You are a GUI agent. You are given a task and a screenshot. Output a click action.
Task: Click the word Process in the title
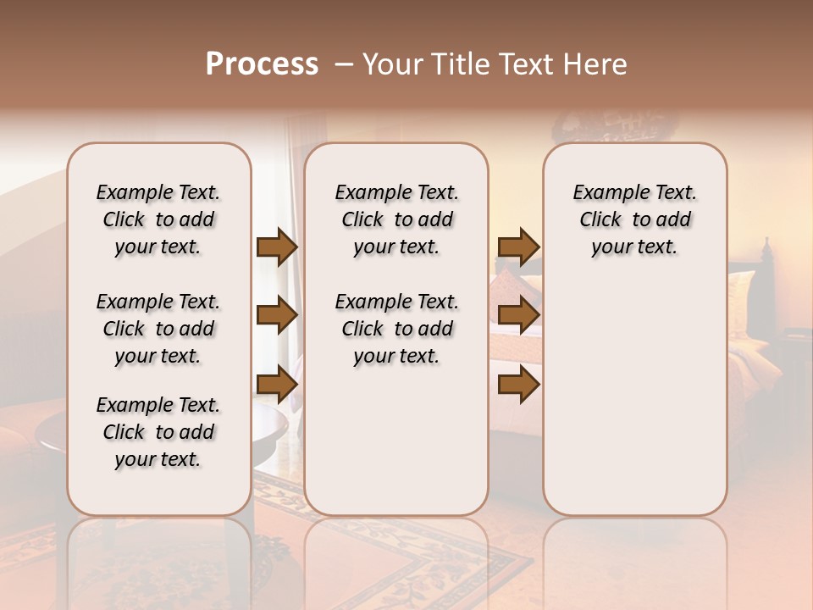[262, 64]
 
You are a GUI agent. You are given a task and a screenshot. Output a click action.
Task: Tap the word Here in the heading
[597, 64]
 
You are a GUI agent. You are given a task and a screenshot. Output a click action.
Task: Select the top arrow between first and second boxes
[276, 247]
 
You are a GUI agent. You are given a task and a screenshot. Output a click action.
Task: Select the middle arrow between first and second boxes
[276, 316]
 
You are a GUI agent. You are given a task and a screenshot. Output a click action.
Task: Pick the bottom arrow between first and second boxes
[276, 385]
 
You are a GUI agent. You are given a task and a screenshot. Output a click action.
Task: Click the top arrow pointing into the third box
[518, 247]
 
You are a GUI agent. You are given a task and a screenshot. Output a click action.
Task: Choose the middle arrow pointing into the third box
[518, 316]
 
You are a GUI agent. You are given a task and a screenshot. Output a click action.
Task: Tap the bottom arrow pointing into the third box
[518, 385]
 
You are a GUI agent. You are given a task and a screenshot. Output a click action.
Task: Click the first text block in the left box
[158, 219]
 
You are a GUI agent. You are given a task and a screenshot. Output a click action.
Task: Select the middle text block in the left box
[158, 329]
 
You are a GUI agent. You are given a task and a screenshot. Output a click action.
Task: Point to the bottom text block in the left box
[158, 432]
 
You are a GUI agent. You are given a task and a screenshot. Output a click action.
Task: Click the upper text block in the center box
[396, 219]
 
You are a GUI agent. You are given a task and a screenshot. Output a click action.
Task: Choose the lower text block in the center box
[396, 329]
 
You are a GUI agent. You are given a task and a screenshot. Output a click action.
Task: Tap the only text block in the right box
[634, 219]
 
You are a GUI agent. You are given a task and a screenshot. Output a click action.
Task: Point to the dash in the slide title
[344, 64]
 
